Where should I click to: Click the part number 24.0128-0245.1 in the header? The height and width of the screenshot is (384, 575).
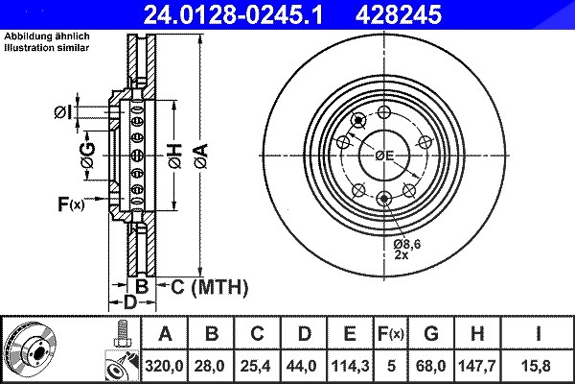click(x=233, y=14)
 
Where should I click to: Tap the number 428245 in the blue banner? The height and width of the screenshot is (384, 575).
click(x=399, y=14)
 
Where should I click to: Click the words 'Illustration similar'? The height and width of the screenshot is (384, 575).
click(x=47, y=48)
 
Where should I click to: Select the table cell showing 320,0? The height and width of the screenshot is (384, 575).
click(x=164, y=366)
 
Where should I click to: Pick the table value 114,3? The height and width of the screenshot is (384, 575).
click(x=350, y=366)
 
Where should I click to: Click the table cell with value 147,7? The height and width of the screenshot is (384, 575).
click(x=477, y=366)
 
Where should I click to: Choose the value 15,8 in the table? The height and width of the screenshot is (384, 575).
click(x=538, y=366)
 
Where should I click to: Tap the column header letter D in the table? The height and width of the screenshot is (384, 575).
click(x=304, y=334)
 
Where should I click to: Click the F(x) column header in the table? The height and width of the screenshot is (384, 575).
click(x=391, y=334)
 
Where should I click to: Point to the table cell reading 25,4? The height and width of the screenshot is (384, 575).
click(x=257, y=366)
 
